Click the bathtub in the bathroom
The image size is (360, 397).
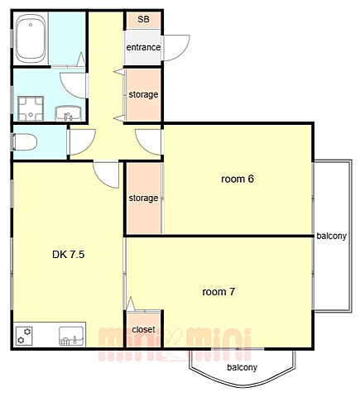(31, 39)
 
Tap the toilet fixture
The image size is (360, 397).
(24, 142)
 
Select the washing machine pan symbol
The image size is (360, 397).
(31, 108)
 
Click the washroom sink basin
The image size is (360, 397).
(68, 113)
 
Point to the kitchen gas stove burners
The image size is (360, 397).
(24, 336)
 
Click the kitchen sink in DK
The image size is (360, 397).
(71, 337)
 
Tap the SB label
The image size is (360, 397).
(143, 19)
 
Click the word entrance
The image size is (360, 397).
(143, 47)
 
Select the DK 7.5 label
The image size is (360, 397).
(68, 255)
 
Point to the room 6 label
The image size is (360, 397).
(238, 179)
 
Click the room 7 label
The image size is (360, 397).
(218, 292)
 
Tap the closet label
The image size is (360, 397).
(143, 329)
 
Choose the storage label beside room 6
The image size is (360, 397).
(143, 198)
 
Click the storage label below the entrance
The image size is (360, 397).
(143, 94)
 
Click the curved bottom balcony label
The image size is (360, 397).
(242, 367)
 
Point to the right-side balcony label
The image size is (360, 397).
(331, 236)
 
